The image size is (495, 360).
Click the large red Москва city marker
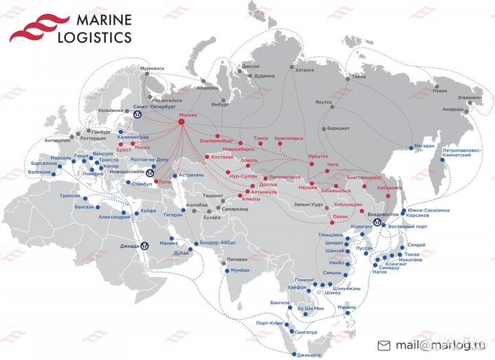point(182,122)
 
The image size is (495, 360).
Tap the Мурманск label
point(151,69)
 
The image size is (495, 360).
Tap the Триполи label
point(71,196)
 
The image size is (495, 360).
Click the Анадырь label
point(453,109)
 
